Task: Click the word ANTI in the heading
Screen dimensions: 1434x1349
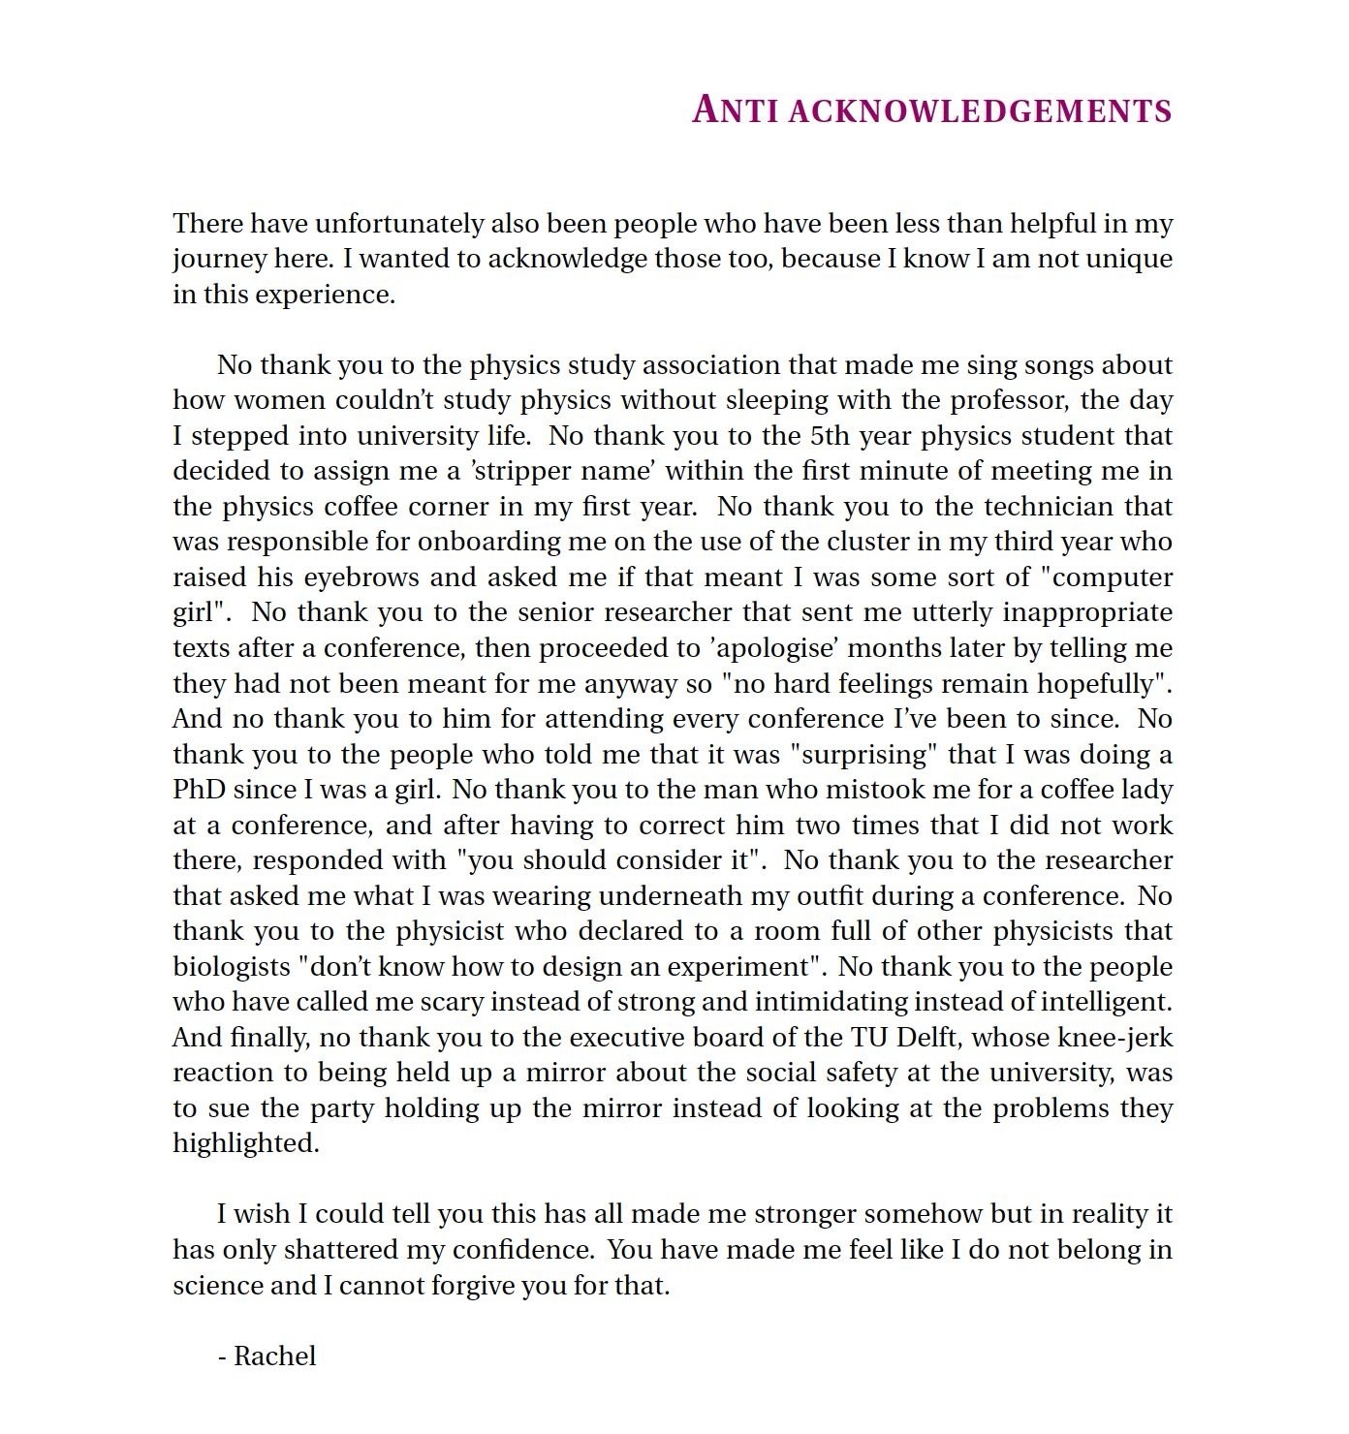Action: [736, 109]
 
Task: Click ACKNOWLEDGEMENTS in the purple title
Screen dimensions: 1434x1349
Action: [981, 110]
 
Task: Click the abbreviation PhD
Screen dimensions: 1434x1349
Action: [199, 790]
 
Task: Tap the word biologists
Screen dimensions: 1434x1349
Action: [232, 967]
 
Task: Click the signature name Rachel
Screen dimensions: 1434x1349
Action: [275, 1356]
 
